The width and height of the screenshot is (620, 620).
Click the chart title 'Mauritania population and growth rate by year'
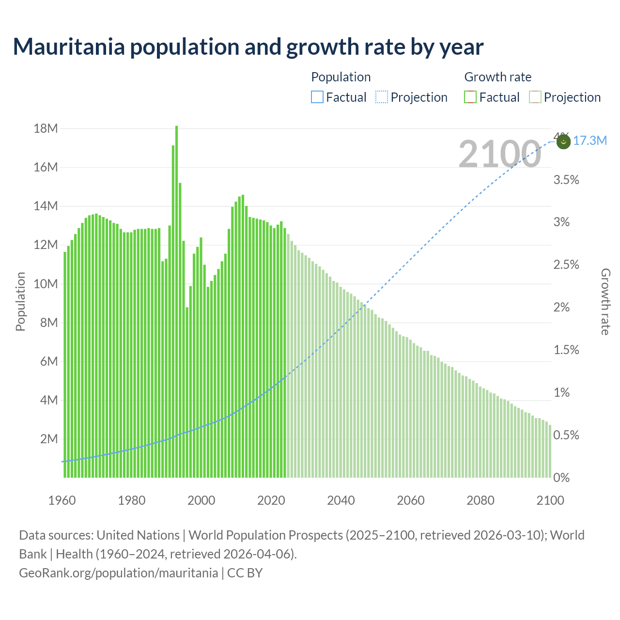[x=248, y=47]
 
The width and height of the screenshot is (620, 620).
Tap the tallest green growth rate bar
[x=176, y=300]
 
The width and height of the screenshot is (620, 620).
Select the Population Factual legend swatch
[x=317, y=97]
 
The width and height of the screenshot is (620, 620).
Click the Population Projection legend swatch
[x=382, y=97]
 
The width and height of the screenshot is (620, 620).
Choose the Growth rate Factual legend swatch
[x=470, y=97]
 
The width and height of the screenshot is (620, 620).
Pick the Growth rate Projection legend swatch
[x=535, y=97]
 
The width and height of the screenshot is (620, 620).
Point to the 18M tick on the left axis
[x=46, y=128]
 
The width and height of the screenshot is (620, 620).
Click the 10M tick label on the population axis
[x=46, y=284]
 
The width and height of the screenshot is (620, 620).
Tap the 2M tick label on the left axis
[x=49, y=439]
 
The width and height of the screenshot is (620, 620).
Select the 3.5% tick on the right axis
[x=566, y=180]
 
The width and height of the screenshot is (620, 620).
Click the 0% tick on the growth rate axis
[x=561, y=478]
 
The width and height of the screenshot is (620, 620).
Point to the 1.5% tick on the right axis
[x=566, y=350]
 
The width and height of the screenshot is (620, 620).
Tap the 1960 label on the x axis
[x=62, y=500]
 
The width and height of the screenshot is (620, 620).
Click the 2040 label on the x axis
[x=341, y=500]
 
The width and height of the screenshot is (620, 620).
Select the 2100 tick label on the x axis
[x=550, y=500]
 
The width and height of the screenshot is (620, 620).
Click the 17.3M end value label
[x=589, y=141]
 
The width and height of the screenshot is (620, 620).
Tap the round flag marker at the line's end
[x=563, y=142]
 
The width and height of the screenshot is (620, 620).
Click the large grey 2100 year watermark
[x=499, y=154]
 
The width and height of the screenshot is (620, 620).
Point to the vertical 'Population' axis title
[x=20, y=301]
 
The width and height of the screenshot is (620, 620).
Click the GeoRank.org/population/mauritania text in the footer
[x=118, y=573]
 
